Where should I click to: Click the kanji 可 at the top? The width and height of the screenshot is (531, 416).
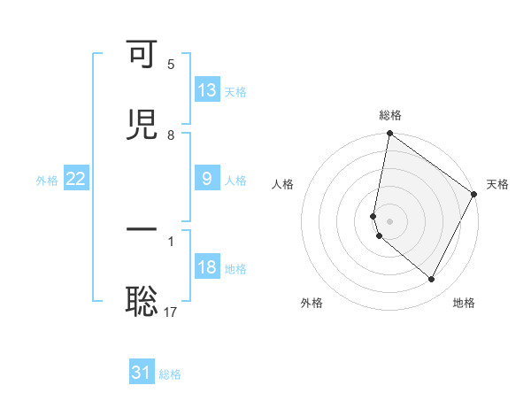pyautogui.click(x=142, y=55)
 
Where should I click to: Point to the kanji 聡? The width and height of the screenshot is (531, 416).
pyautogui.click(x=142, y=302)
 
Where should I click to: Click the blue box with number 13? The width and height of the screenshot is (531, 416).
pyautogui.click(x=207, y=89)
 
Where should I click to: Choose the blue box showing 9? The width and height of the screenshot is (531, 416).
pyautogui.click(x=207, y=179)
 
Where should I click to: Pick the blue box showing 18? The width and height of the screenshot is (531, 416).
pyautogui.click(x=207, y=268)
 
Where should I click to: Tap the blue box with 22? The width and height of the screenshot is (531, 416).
pyautogui.click(x=76, y=179)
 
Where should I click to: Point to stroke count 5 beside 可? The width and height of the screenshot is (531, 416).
pyautogui.click(x=171, y=65)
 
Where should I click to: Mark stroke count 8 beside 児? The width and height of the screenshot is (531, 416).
pyautogui.click(x=171, y=135)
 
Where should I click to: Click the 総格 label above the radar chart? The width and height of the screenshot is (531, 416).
pyautogui.click(x=390, y=115)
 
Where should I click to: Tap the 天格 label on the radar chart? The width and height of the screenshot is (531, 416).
pyautogui.click(x=497, y=184)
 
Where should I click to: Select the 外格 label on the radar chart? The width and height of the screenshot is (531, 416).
pyautogui.click(x=312, y=303)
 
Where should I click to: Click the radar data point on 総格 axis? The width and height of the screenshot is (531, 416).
pyautogui.click(x=389, y=135)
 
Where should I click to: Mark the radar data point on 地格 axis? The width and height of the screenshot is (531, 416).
pyautogui.click(x=432, y=280)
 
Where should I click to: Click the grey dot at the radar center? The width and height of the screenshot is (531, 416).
pyautogui.click(x=389, y=220)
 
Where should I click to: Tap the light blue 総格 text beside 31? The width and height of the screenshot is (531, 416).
pyautogui.click(x=170, y=374)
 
